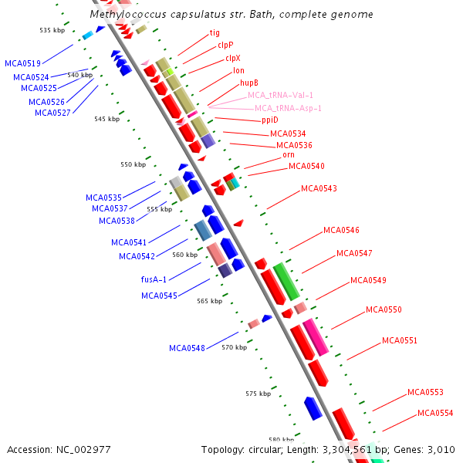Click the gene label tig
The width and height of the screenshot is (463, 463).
pos(215,33)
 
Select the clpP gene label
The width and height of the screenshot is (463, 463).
pos(225,46)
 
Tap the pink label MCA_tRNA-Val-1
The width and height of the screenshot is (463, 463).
pos(280,95)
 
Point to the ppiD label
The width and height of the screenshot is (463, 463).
pos(269,120)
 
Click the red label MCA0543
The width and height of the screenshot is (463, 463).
pos(319,188)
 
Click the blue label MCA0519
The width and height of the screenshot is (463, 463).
pos(22,63)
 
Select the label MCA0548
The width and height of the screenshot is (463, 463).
pos(187,348)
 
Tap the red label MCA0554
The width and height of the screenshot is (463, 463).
pos(435,413)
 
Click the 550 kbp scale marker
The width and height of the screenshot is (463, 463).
pos(133,164)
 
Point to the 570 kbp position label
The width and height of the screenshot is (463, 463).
pos(234,347)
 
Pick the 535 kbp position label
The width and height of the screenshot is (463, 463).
pos(52,30)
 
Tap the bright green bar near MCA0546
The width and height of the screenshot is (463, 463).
pos(286,282)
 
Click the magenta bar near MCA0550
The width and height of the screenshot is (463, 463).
pos(316,336)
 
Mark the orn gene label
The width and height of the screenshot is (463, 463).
pos(289,154)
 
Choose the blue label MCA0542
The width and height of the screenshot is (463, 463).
pos(137,256)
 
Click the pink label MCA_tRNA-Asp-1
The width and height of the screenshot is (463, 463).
pos(288,108)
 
